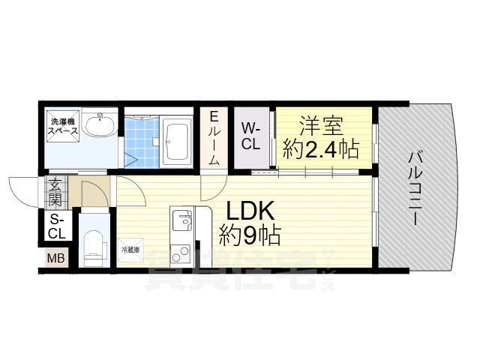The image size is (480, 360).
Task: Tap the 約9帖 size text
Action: (250, 237)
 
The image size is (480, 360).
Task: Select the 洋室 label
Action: (324, 124)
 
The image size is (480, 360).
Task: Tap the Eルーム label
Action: (214, 138)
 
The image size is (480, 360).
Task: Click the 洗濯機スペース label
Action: (62, 126)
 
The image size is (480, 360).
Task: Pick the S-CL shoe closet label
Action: (57, 226)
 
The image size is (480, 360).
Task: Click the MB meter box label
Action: (56, 259)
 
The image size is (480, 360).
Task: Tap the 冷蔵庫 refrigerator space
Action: (130, 250)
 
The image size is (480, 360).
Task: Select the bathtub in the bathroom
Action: (177, 141)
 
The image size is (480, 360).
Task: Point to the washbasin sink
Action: (98, 125)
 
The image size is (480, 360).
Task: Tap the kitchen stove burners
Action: (180, 253)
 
